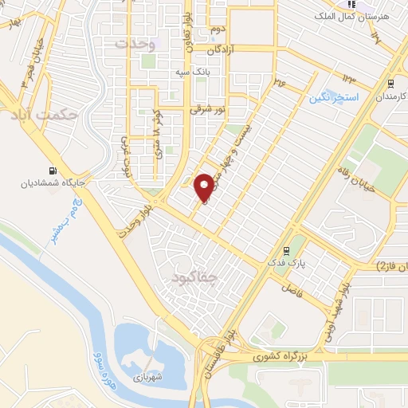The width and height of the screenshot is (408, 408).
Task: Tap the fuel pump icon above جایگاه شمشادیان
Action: (x=53, y=170)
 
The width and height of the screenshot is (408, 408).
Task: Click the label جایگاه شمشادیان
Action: (x=53, y=182)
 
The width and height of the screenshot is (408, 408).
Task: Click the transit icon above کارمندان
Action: (x=390, y=82)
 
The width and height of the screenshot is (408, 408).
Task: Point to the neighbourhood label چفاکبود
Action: (x=193, y=277)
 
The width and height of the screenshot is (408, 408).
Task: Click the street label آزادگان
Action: (x=224, y=49)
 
